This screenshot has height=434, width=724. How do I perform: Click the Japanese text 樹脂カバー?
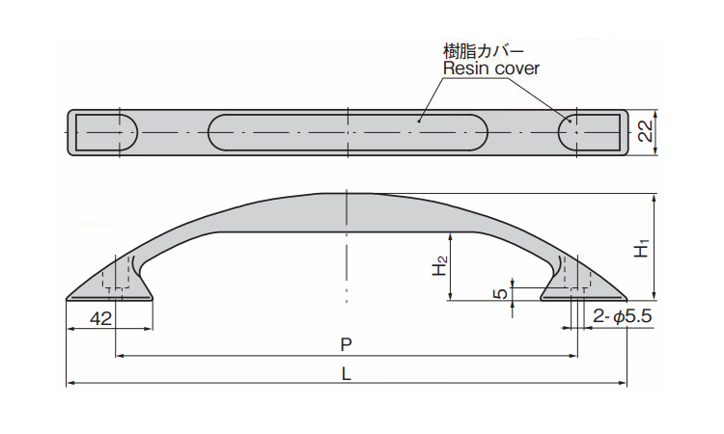click(484, 50)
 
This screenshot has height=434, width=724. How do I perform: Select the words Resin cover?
click(490, 68)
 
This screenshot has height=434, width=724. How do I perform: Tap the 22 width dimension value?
click(645, 131)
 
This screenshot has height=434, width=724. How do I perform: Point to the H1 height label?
click(642, 248)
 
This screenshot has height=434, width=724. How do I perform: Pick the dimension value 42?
click(101, 318)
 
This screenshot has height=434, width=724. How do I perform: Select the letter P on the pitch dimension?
click(346, 344)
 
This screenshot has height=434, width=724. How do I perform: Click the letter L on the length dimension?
click(346, 373)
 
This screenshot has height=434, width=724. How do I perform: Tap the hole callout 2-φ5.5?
click(622, 316)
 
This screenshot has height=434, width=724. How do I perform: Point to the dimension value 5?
click(501, 293)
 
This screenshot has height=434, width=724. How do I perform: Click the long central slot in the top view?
click(348, 132)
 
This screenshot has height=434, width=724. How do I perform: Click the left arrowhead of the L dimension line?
click(70, 383)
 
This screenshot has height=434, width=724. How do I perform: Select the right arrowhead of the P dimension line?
click(573, 356)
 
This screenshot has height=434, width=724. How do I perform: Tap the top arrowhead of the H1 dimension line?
click(654, 198)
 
